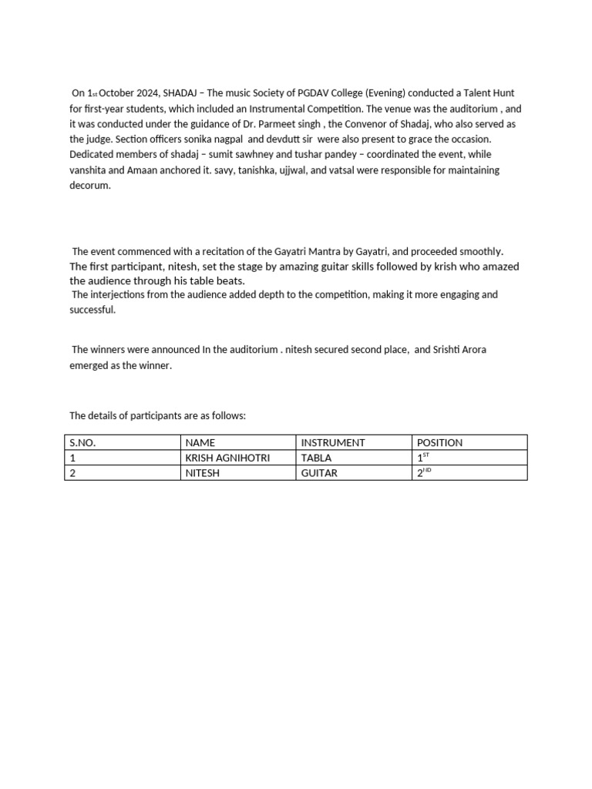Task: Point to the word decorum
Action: (x=90, y=186)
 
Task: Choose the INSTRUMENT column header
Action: (x=333, y=443)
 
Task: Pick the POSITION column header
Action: (x=439, y=443)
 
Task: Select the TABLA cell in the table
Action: (x=317, y=458)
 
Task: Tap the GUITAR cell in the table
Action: (x=319, y=473)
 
